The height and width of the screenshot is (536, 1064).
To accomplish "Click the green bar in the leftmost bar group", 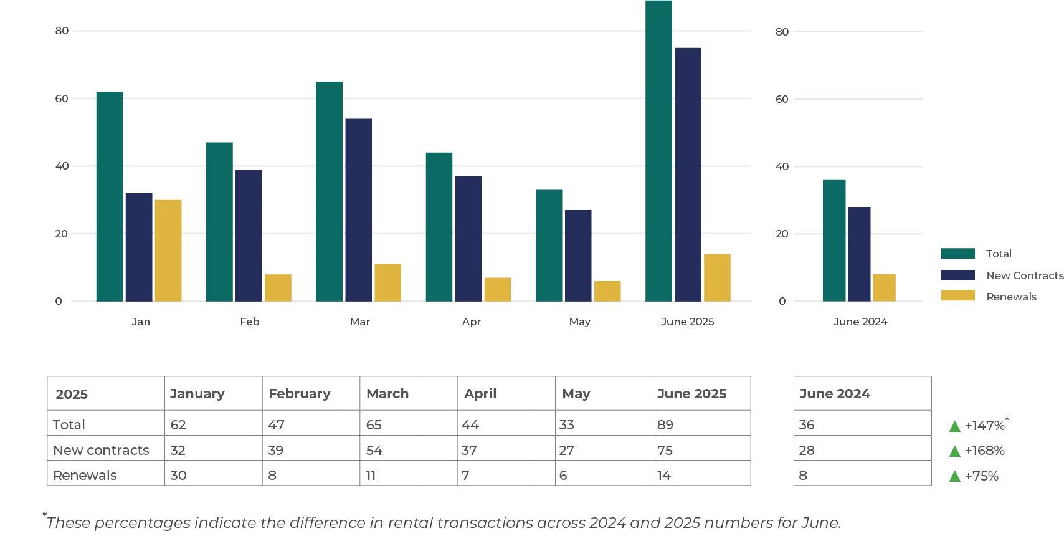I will (109, 196).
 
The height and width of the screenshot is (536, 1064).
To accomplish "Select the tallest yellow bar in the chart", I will (169, 251).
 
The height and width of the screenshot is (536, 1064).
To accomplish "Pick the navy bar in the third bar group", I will (359, 209).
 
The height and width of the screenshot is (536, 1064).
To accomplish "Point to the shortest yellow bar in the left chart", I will (607, 290).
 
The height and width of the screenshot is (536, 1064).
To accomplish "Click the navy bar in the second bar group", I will (249, 235).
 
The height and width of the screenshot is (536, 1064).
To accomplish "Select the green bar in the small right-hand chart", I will (834, 241).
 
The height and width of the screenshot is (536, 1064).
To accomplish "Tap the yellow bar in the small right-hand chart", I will (884, 288).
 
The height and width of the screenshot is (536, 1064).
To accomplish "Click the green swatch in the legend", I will (956, 253).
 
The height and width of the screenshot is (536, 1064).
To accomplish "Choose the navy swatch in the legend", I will (956, 275).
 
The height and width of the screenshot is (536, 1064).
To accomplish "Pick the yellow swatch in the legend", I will (956, 297).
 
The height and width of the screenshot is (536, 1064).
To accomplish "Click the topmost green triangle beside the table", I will (954, 428).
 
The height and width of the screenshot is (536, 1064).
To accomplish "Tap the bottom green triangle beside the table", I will (954, 477).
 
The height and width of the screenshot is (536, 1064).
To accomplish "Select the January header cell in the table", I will (212, 394).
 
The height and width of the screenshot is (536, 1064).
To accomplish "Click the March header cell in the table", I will (408, 394).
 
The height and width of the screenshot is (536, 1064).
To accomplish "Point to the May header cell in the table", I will (604, 394).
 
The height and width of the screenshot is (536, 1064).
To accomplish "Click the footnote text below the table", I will (442, 522).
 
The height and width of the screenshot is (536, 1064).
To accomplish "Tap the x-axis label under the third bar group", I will (359, 323).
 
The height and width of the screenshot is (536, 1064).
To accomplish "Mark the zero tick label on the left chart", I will (60, 302).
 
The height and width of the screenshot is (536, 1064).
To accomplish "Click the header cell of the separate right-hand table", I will (862, 394).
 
